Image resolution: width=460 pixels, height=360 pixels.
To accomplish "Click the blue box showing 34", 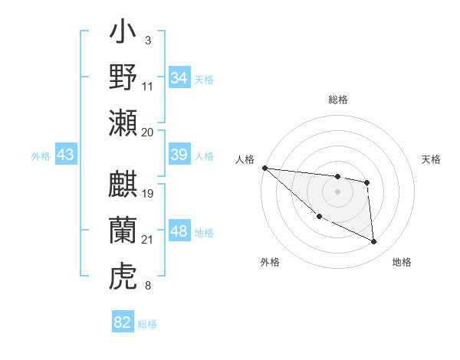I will coord(179,77).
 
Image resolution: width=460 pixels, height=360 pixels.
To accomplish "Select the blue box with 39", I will coord(179,155).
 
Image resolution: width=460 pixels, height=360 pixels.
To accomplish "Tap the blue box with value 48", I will coord(179,231).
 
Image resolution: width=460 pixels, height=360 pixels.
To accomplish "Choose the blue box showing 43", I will coord(66,155).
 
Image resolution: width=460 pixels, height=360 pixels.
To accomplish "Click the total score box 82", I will coord(123,322).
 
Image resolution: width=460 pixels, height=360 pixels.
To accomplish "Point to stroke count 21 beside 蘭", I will coord(148,241).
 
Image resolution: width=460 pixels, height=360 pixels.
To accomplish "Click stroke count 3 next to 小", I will coord(147,39).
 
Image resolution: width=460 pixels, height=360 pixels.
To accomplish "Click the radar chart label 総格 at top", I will coord(338,100).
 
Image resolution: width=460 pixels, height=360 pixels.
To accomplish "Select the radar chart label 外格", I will coord(270,262).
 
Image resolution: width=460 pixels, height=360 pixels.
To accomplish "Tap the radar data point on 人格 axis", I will coord(264,168).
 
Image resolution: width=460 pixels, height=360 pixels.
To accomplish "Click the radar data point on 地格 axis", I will coord(374,242).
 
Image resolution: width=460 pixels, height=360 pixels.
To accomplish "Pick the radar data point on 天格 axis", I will coord(367,182).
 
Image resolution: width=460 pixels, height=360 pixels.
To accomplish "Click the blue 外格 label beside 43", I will coord(41,155).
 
